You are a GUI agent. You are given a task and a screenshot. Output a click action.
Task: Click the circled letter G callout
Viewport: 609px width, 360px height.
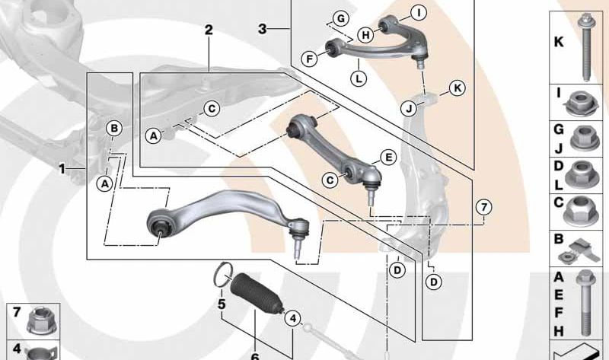click(340, 18)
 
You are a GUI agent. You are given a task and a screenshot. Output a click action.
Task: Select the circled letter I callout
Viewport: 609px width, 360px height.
click(419, 13)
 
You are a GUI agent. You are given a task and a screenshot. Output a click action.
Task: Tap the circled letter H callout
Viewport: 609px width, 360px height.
click(365, 35)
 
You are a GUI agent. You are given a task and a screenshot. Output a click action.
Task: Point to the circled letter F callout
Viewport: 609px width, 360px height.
click(310, 59)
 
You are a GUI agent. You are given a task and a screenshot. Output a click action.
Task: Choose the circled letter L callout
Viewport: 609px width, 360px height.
click(359, 79)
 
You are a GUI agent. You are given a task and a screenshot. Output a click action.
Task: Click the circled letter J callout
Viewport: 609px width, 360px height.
click(409, 109)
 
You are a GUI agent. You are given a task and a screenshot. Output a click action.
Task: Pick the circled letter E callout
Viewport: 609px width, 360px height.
click(387, 158)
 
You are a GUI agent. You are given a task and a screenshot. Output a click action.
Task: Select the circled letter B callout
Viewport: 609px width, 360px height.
click(114, 128)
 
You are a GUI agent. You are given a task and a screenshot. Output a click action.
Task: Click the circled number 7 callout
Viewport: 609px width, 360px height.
click(484, 207)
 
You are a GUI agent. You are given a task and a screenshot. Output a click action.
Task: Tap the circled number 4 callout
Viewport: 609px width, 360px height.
click(292, 319)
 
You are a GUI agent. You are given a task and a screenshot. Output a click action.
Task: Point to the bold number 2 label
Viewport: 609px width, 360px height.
click(209, 30)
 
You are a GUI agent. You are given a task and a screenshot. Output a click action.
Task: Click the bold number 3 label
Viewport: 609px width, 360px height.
click(263, 29)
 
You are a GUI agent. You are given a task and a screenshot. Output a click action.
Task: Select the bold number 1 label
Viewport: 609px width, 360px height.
click(62, 169)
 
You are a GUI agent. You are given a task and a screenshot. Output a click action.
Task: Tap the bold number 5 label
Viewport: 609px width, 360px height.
click(222, 304)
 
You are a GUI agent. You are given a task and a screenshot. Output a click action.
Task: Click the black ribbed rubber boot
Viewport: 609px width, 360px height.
click(257, 293)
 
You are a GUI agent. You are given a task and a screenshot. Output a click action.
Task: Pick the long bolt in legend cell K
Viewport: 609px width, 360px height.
click(585, 46)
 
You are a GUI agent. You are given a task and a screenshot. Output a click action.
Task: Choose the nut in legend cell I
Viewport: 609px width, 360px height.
click(580, 104)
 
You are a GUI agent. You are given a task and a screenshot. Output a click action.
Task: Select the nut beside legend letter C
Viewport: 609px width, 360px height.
click(581, 210)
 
